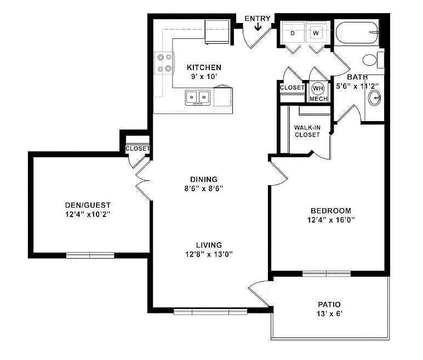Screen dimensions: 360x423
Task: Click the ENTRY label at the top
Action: pyautogui.click(x=257, y=19)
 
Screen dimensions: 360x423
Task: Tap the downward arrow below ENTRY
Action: pyautogui.click(x=258, y=27)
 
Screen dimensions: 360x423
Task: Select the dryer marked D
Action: pyautogui.click(x=292, y=33)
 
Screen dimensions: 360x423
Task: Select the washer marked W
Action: pyautogui.click(x=316, y=33)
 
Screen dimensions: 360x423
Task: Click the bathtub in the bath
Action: pyautogui.click(x=356, y=33)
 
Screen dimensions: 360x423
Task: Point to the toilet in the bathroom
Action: pyautogui.click(x=371, y=59)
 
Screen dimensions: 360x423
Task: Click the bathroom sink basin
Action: pyautogui.click(x=375, y=99)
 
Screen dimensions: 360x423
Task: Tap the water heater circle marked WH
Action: pyautogui.click(x=318, y=88)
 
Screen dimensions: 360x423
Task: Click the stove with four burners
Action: pyautogui.click(x=163, y=62)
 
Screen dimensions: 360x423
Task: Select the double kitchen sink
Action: pyautogui.click(x=198, y=98)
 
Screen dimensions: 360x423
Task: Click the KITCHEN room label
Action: pyautogui.click(x=204, y=67)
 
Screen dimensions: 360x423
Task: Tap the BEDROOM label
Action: pyautogui.click(x=330, y=210)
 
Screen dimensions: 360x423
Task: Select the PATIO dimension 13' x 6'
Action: pyautogui.click(x=329, y=314)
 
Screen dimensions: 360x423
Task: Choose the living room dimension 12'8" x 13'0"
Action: pyautogui.click(x=206, y=254)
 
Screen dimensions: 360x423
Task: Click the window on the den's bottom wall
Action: pyautogui.click(x=90, y=255)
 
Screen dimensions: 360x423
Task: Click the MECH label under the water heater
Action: pyautogui.click(x=318, y=99)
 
